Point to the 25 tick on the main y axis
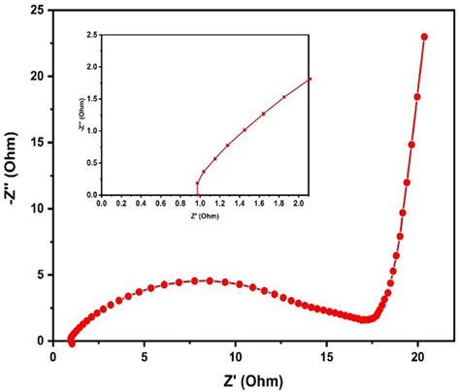45,10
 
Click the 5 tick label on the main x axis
144,355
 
